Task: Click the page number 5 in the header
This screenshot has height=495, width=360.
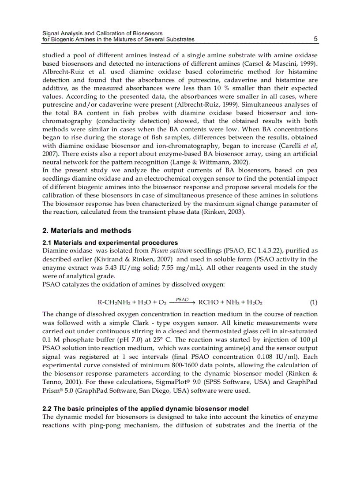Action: pyautogui.click(x=315, y=39)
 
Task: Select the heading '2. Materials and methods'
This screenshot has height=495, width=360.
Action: pyautogui.click(x=86, y=231)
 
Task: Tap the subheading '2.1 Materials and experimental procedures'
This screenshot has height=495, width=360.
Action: pyautogui.click(x=110, y=243)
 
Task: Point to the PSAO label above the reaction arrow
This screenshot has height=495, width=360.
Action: pyautogui.click(x=182, y=299)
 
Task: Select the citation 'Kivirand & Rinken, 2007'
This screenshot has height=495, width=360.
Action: pyautogui.click(x=133, y=259)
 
